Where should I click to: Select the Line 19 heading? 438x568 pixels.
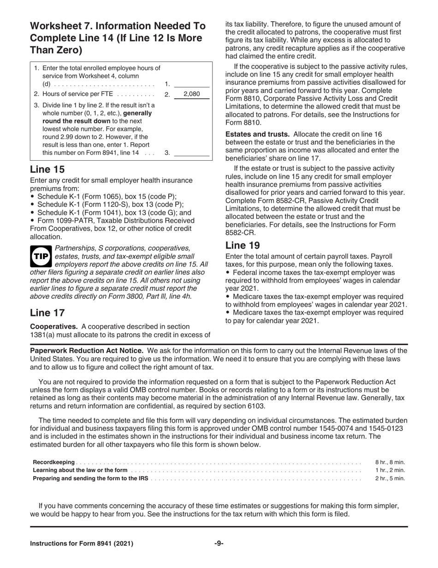pyautogui.click(x=243, y=245)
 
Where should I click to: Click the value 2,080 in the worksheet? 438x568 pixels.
pyautogui.click(x=191, y=94)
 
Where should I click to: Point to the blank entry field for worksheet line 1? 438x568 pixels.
pyautogui.click(x=192, y=84)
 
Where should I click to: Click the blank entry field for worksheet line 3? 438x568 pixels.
pyautogui.click(x=192, y=152)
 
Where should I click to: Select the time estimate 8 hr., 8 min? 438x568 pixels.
pyautogui.click(x=390, y=462)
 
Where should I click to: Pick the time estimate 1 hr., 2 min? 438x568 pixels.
pyautogui.click(x=390, y=470)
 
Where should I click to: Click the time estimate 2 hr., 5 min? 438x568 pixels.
pyautogui.click(x=390, y=478)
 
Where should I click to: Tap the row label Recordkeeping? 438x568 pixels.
pyautogui.click(x=53, y=462)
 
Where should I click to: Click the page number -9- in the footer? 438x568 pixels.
pyautogui.click(x=219, y=544)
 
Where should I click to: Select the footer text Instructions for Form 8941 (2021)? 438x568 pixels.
pyautogui.click(x=82, y=544)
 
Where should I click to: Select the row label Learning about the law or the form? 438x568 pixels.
pyautogui.click(x=80, y=470)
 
